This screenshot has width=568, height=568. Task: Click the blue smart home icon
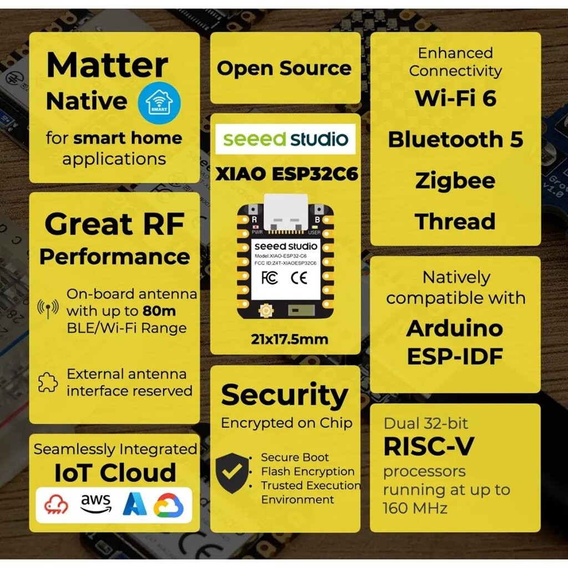tap(159, 103)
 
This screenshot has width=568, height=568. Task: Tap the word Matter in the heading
tap(107, 65)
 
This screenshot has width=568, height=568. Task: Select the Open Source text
tap(284, 69)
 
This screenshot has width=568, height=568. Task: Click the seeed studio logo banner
tap(286, 139)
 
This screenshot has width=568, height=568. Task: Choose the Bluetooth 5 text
tap(455, 139)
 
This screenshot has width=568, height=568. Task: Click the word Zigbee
tap(455, 181)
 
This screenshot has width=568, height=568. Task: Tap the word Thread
tap(455, 221)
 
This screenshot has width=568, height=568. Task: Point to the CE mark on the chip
tap(299, 278)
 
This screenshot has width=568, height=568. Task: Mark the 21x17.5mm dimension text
tap(290, 339)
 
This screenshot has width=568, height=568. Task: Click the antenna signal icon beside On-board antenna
tap(48, 308)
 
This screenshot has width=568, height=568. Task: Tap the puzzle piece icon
tap(48, 382)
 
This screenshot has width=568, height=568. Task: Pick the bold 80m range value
tap(159, 311)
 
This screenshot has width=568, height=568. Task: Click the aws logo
tap(95, 504)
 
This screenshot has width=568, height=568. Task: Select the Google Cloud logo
tap(169, 505)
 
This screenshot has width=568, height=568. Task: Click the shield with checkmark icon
tap(232, 473)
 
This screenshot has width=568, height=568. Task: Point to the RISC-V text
tap(429, 446)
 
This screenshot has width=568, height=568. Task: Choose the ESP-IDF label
tap(455, 357)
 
